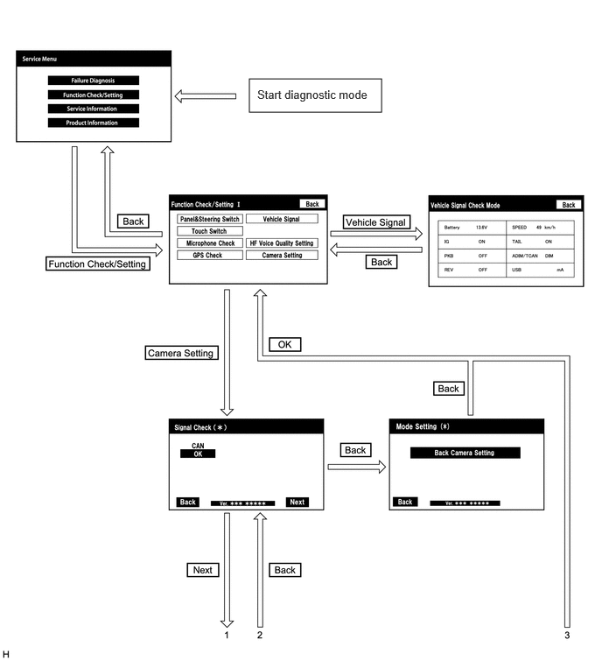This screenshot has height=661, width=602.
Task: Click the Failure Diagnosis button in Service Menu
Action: tap(93, 81)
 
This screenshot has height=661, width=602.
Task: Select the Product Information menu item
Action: tap(93, 123)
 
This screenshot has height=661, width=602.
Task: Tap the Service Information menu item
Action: tap(93, 109)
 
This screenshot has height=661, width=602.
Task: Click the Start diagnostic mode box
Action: tap(315, 95)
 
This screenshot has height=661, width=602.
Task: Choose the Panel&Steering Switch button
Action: tap(210, 219)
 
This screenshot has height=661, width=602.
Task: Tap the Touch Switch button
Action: tap(210, 231)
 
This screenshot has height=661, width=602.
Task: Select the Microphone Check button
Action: tap(210, 243)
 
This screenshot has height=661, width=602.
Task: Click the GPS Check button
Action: tap(210, 255)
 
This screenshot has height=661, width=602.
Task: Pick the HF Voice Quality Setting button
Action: tap(282, 243)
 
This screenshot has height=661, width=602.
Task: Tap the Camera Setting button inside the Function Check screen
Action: tap(282, 255)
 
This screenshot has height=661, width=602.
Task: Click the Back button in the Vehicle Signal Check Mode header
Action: tap(568, 205)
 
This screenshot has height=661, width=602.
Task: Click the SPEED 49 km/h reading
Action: tap(534, 228)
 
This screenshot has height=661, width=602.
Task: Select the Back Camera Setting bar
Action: tap(465, 453)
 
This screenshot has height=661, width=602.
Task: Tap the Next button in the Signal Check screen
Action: tap(297, 502)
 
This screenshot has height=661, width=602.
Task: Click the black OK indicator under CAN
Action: tap(198, 454)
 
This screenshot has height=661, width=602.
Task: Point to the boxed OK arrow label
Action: tap(284, 344)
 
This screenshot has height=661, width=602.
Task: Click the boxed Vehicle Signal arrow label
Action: tap(376, 222)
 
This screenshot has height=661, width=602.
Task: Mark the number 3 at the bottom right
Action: tap(567, 636)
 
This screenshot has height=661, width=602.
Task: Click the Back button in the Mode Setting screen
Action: tap(405, 502)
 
